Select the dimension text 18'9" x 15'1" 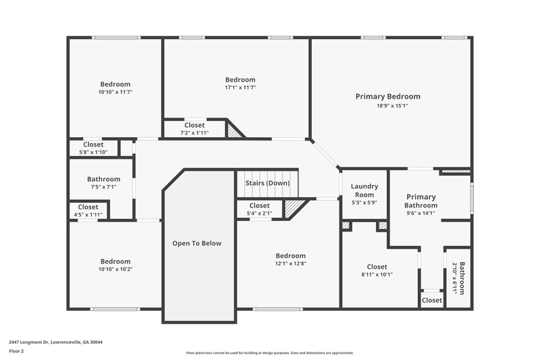[x=392, y=105]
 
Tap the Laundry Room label [x=364, y=190]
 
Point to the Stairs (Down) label [x=267, y=183]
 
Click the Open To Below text [x=196, y=243]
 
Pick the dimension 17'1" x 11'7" [x=240, y=88]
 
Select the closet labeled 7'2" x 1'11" [x=194, y=133]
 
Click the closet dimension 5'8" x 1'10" [x=93, y=152]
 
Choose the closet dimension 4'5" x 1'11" [x=88, y=215]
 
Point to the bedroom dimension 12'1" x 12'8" [x=290, y=264]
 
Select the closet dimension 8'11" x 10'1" [x=377, y=274]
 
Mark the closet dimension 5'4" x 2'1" [x=259, y=213]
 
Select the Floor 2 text [x=16, y=351]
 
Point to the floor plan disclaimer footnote [x=269, y=353]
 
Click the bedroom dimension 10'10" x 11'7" [x=115, y=92]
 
